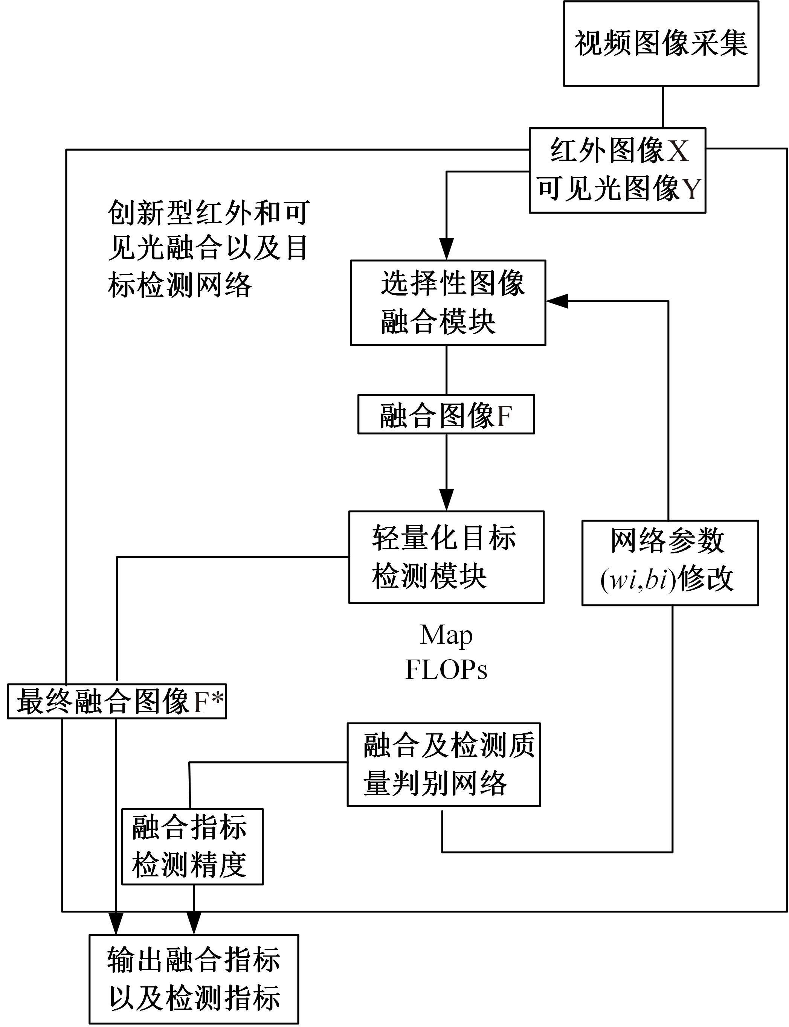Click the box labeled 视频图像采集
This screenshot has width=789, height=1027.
661,44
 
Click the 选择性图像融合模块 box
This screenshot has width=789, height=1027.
447,303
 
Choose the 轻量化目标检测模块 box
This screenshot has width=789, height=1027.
446,557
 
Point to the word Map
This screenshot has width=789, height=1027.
446,636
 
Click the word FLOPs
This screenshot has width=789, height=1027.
446,670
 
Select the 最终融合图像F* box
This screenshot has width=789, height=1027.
117,702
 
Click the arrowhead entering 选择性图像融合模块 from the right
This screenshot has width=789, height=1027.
557,301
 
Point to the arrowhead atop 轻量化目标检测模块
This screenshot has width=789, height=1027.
446,500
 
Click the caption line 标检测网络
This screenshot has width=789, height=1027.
180,285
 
